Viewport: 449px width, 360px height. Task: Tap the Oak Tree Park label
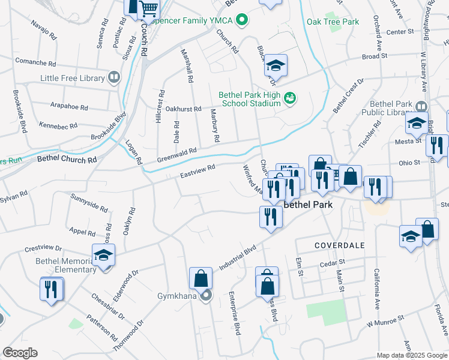333,22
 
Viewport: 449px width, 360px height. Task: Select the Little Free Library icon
113,77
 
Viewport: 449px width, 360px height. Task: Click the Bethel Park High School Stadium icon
291,98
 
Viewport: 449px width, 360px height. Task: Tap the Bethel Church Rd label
67,160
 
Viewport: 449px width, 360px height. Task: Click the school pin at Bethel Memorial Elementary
103,255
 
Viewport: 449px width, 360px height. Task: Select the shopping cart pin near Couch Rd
148,9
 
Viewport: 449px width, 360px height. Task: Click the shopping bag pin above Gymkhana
200,278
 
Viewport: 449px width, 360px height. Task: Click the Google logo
20,353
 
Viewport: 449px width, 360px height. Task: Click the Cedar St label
333,262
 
